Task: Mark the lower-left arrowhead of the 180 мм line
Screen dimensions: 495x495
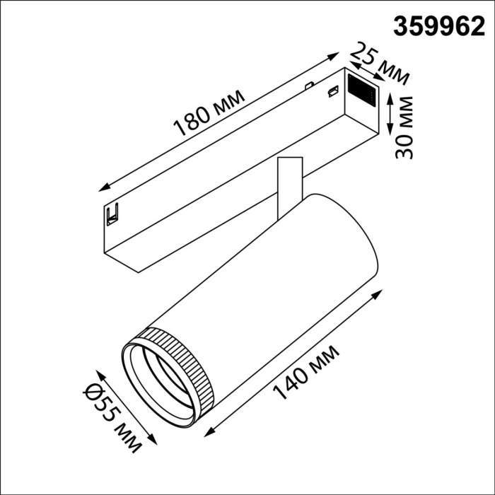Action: click(103, 188)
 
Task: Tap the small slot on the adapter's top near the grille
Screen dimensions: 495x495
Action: click(330, 91)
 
